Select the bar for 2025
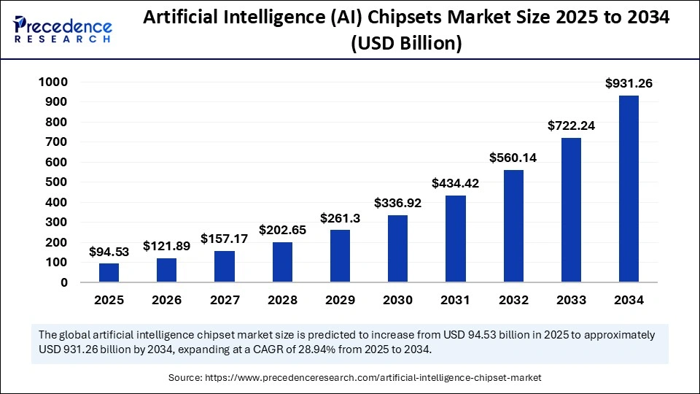coord(109,272)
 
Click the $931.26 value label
coord(629,84)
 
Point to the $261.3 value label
coord(340,218)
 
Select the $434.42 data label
coord(456,183)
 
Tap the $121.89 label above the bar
coord(166,246)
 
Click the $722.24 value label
coord(571,125)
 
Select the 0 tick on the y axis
coord(64,282)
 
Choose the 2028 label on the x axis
coord(282,299)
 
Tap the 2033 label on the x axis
coord(571,299)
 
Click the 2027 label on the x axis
coord(224,299)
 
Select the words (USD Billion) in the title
coord(406,44)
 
